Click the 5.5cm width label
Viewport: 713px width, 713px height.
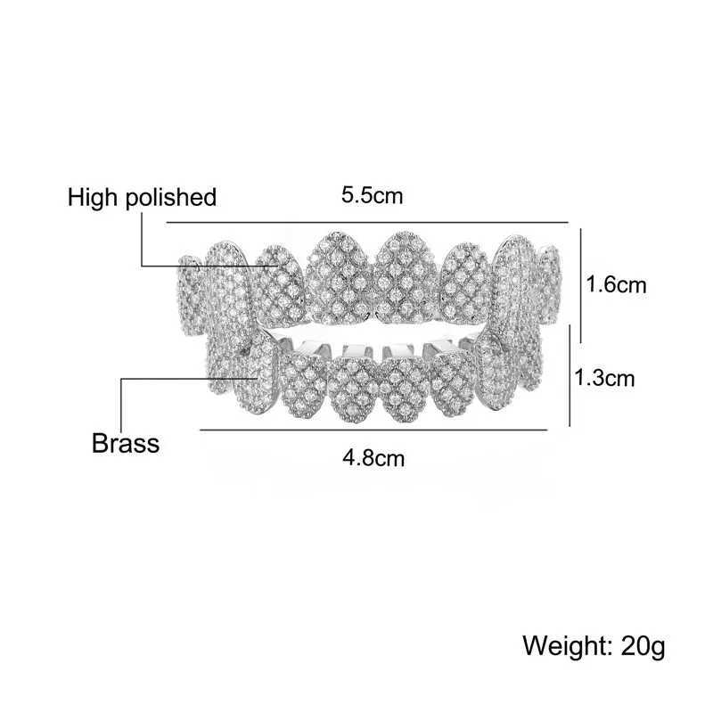[373, 194]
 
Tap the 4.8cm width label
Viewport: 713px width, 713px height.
[373, 458]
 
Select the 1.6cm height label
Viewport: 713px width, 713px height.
[616, 285]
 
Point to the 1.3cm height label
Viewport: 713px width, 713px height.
[604, 377]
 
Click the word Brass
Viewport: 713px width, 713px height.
[126, 442]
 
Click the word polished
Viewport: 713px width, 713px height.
[173, 197]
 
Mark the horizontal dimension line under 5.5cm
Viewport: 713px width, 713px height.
[366, 221]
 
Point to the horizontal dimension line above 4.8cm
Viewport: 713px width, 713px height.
[373, 430]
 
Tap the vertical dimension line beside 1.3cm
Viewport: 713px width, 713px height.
[570, 377]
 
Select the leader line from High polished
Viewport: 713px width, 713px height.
[205, 265]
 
